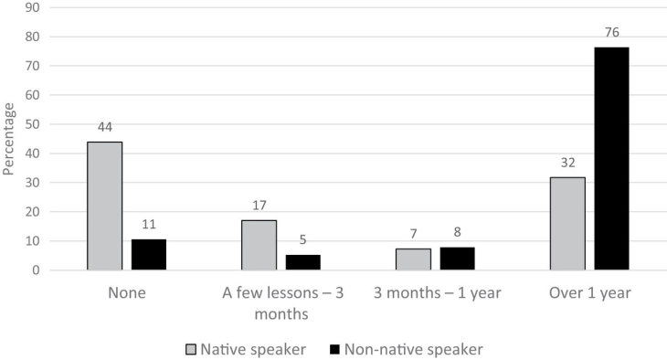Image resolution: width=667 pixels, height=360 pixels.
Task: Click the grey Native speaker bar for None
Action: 104,206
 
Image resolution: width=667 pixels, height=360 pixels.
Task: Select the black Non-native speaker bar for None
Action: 149,255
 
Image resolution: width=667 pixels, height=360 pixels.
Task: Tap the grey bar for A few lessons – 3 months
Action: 259,246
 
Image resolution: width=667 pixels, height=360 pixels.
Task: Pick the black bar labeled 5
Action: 303,262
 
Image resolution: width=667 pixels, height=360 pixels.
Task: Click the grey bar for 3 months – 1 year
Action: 413,259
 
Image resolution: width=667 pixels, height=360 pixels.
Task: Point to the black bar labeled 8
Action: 457,259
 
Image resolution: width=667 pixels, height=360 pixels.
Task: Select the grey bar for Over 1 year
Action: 567,224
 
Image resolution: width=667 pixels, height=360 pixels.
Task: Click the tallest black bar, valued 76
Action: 611,159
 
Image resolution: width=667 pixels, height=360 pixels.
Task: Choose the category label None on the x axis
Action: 126,294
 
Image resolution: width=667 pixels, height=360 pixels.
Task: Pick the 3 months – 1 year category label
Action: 436,294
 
